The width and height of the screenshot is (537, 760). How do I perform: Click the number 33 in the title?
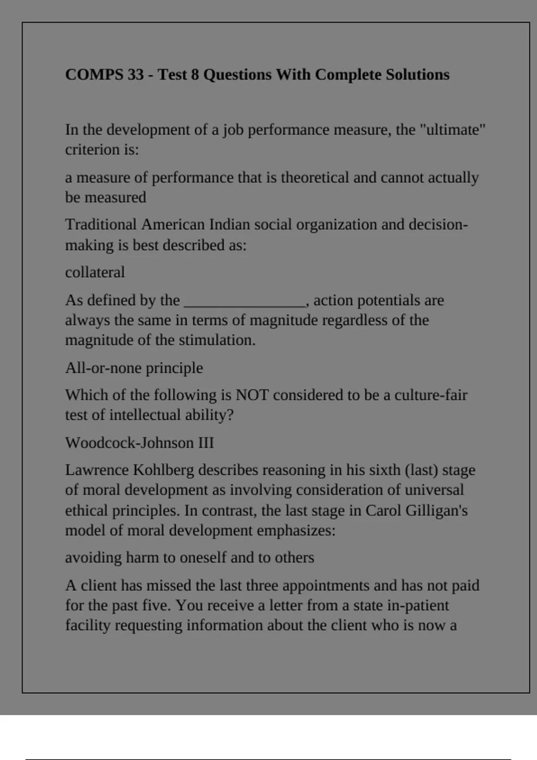click(x=135, y=74)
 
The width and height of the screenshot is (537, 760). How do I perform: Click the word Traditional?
click(x=101, y=224)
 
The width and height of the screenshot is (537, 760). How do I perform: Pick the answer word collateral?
click(x=95, y=272)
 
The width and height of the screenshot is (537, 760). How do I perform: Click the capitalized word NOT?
click(x=252, y=395)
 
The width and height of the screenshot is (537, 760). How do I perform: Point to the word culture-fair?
click(x=430, y=395)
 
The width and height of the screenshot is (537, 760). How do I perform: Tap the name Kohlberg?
click(x=163, y=470)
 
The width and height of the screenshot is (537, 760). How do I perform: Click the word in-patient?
click(x=418, y=605)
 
